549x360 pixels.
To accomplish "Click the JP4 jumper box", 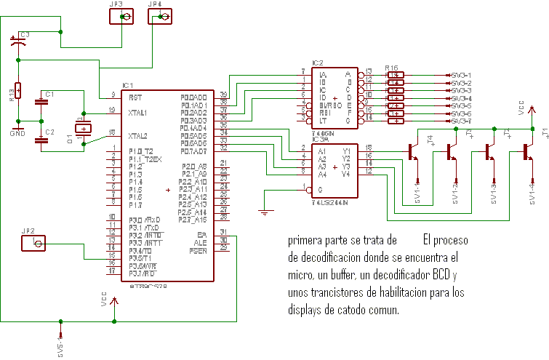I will point(161,16).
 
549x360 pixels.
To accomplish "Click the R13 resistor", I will point(19,91).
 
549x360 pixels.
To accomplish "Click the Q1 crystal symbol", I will point(84,129).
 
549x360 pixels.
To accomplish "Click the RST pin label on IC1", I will point(135,97).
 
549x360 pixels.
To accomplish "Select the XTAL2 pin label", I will point(138,136).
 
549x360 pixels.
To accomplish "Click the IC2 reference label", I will point(317,63).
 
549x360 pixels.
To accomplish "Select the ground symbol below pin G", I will point(265,212).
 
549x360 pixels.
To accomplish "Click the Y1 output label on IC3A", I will point(347,150).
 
